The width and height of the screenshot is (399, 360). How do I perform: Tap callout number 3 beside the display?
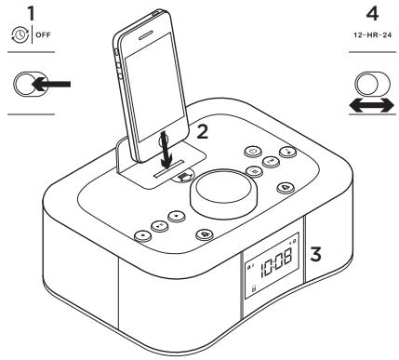pos(315,251)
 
